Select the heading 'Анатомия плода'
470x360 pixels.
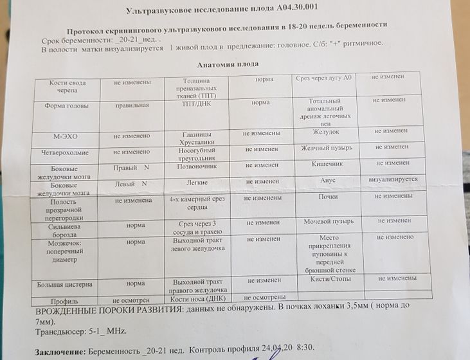click(228, 64)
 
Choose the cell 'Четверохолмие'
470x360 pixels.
click(69, 152)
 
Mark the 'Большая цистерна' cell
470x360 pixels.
click(64, 283)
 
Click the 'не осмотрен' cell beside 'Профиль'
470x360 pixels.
click(132, 300)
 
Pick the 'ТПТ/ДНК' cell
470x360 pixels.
click(197, 102)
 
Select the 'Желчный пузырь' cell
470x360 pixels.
click(326, 148)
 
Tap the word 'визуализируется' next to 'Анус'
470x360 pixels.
click(393, 179)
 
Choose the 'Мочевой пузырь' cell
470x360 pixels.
click(329, 222)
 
